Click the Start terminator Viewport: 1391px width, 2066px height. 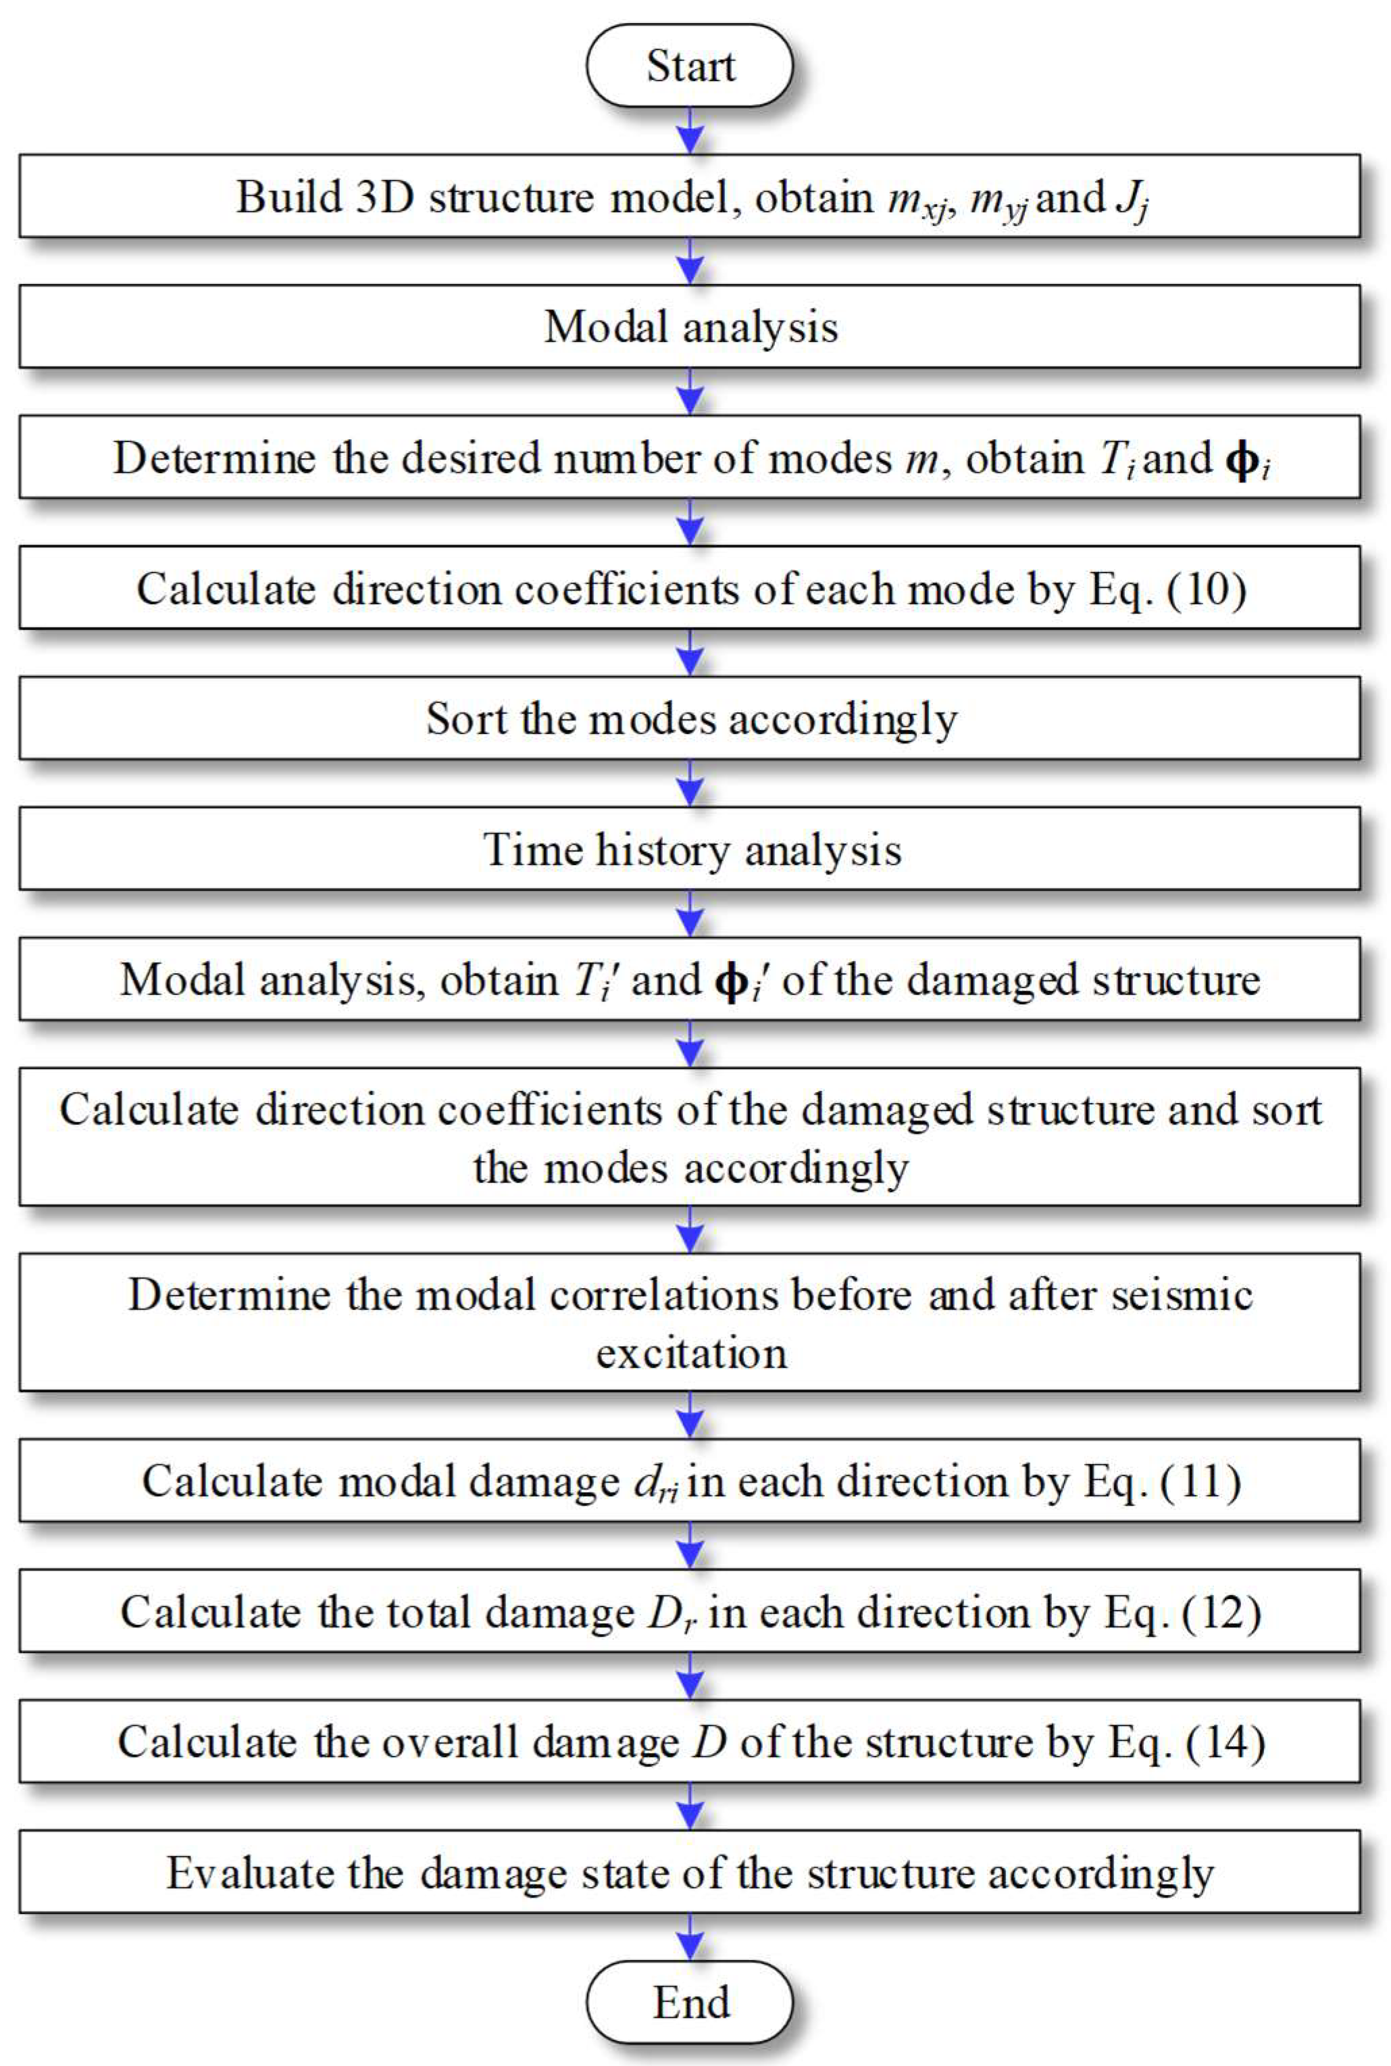click(x=689, y=66)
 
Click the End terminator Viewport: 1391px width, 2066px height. click(x=689, y=2001)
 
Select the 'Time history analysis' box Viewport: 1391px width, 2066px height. click(x=689, y=848)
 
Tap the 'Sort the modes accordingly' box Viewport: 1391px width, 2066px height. click(x=689, y=718)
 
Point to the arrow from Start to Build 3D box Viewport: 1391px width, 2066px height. click(x=689, y=130)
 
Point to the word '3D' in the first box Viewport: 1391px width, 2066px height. click(x=385, y=196)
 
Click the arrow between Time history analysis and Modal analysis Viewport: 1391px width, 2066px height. click(x=689, y=913)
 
